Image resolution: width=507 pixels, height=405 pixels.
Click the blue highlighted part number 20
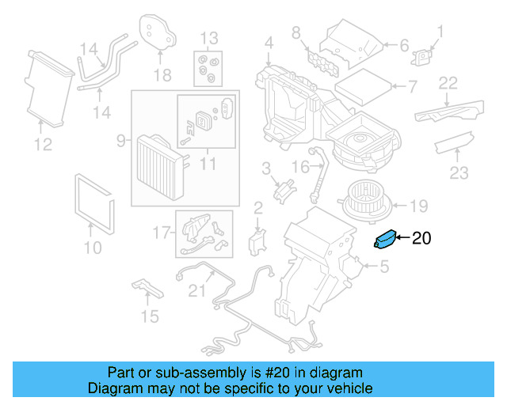pos(384,238)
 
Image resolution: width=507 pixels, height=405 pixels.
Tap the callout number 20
pos(421,237)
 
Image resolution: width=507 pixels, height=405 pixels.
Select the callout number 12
pos(43,144)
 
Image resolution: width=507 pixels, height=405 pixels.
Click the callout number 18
pos(162,75)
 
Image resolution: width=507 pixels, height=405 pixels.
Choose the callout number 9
pos(120,141)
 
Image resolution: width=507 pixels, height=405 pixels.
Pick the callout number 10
pos(93,248)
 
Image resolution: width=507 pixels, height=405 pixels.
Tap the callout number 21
pos(196,290)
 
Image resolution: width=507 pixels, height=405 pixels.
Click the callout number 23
pos(459,172)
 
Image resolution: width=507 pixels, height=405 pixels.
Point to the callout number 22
pos(448,83)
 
